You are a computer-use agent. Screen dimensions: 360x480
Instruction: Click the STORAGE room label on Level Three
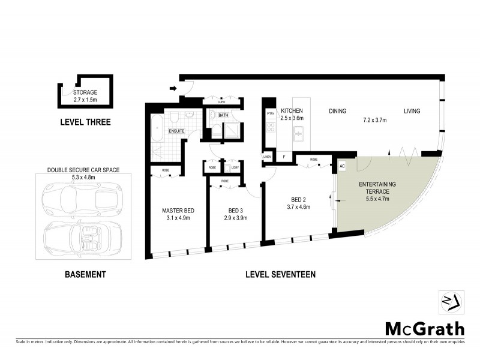86,93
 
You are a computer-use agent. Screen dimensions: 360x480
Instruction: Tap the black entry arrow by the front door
173,89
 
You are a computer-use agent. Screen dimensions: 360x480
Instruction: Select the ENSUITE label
176,130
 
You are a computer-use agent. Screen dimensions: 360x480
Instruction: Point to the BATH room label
223,115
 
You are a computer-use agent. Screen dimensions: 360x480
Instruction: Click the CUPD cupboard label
221,103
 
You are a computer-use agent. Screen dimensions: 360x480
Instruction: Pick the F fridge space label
284,157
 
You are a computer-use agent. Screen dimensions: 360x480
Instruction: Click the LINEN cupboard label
268,157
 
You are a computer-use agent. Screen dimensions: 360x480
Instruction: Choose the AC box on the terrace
343,166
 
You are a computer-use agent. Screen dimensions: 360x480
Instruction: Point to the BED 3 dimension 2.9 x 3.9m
235,218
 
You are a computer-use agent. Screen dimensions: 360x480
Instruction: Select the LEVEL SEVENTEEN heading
280,275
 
